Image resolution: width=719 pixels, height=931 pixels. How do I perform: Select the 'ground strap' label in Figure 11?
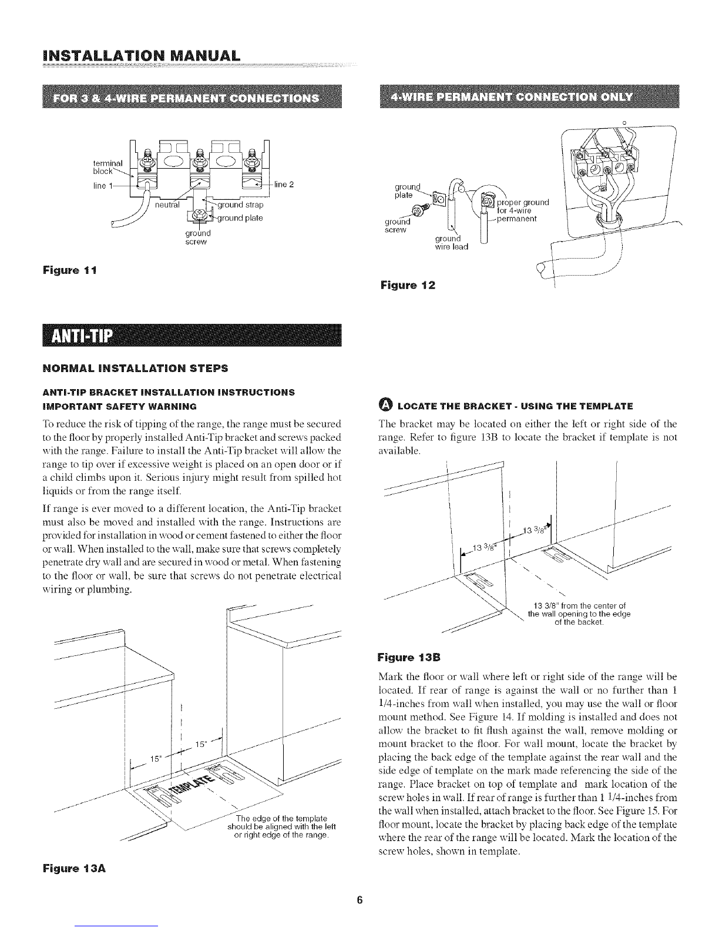pyautogui.click(x=240, y=205)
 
